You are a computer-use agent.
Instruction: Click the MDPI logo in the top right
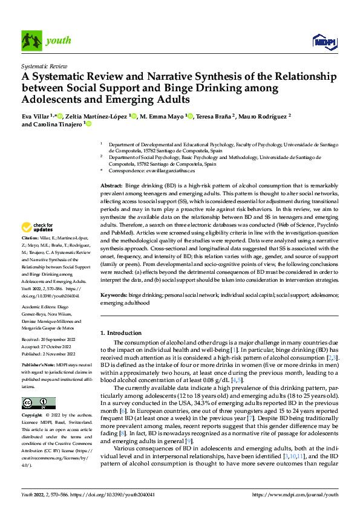coord(324,41)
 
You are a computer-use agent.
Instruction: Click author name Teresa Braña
coord(212,116)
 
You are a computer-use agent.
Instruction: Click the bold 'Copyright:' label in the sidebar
coord(31,417)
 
